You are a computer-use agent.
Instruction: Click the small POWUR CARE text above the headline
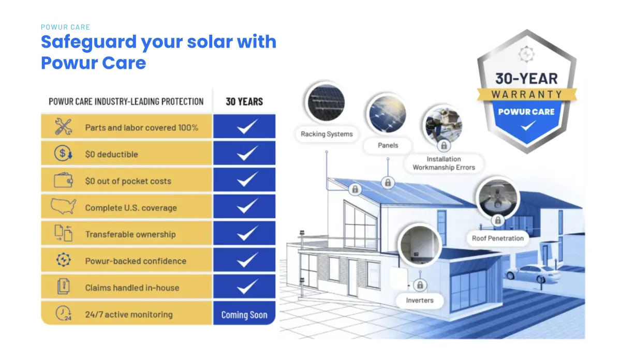[65, 27]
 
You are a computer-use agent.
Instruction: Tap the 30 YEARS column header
[244, 102]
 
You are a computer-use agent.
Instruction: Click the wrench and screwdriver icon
[64, 126]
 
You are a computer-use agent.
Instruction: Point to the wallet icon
[63, 180]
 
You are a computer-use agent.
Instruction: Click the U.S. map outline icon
[63, 206]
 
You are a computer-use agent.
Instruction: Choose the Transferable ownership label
[130, 234]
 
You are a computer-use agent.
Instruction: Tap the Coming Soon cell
[244, 315]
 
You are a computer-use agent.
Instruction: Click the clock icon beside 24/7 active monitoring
[63, 313]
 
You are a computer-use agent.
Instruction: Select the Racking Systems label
[327, 134]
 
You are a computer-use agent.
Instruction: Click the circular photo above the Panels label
[388, 114]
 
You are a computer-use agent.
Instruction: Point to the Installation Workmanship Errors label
[443, 163]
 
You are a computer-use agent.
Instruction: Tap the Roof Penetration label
[498, 238]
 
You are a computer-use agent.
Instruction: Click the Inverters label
[420, 301]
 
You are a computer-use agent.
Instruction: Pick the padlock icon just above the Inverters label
[420, 285]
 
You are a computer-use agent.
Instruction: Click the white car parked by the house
[533, 274]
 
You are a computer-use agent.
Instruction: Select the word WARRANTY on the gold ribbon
[527, 95]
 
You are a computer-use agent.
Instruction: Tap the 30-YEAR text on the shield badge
[526, 79]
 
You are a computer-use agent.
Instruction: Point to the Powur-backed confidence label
[136, 261]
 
